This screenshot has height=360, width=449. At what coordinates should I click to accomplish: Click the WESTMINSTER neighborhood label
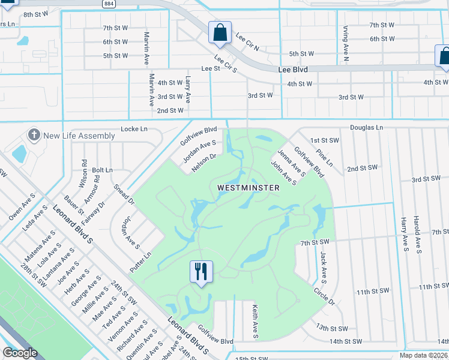(x=248, y=188)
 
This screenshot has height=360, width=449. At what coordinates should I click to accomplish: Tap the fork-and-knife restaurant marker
(x=200, y=272)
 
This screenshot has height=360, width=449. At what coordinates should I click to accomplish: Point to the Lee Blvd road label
(x=293, y=70)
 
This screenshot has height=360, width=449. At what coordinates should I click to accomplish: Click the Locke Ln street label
(x=134, y=129)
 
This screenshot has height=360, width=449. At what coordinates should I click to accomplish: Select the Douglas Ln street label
(x=367, y=128)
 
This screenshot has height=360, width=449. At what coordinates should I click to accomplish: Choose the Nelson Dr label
(x=203, y=163)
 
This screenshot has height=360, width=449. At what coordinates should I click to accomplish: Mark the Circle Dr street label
(x=324, y=295)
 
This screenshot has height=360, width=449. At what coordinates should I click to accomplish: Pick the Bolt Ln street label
(x=102, y=170)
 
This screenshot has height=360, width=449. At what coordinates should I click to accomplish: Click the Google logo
(x=20, y=353)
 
